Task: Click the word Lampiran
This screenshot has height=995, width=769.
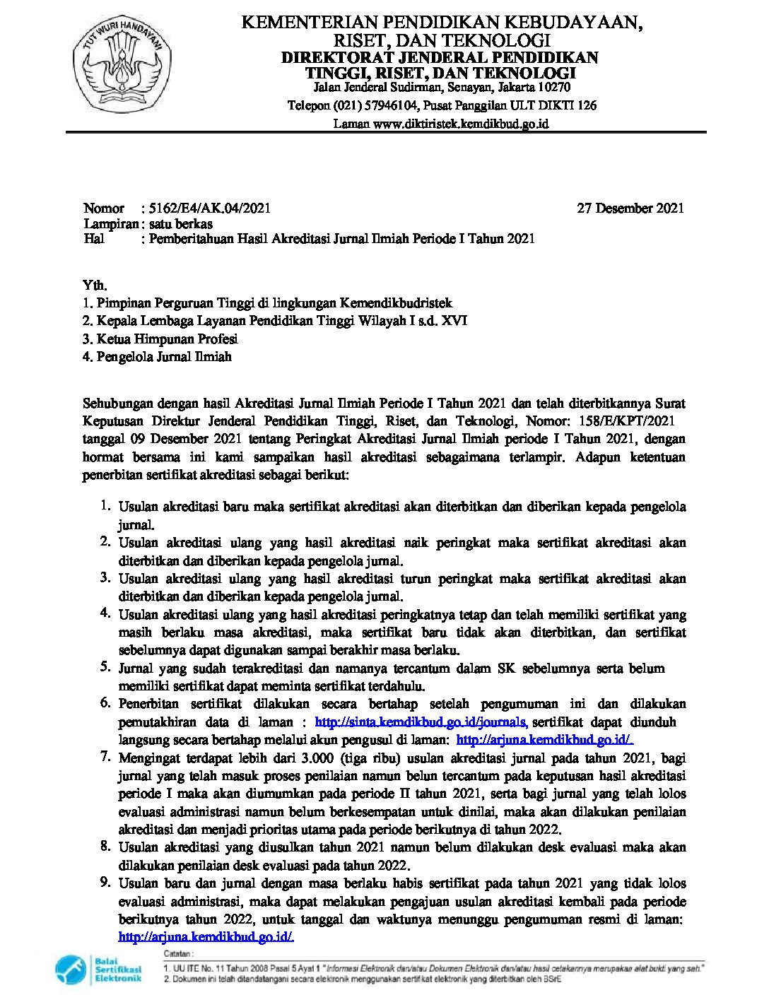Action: [x=110, y=223]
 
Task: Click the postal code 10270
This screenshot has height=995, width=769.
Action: [x=553, y=88]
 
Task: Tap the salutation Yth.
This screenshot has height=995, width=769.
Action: [x=95, y=285]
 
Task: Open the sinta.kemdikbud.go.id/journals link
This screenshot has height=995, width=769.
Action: [x=421, y=722]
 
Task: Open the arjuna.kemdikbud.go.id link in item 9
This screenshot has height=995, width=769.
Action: [x=206, y=937]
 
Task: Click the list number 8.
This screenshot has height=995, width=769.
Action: [x=105, y=846]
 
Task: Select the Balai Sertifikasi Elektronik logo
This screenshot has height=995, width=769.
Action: [x=100, y=969]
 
